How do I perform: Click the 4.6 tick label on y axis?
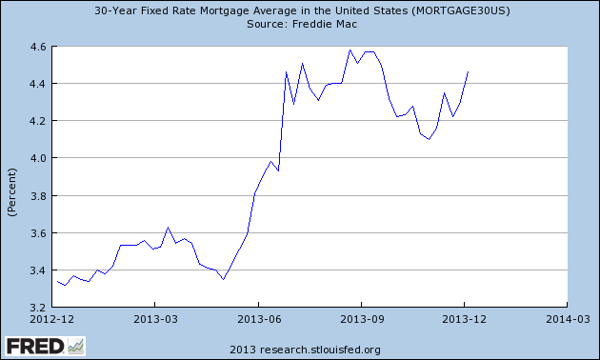click(37, 47)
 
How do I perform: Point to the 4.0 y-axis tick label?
click(37, 158)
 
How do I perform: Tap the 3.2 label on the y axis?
click(37, 308)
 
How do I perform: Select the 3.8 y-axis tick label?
click(37, 195)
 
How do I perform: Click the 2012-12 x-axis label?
click(52, 319)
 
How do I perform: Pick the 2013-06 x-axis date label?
click(259, 319)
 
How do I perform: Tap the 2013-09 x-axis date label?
click(362, 319)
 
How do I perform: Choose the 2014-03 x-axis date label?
click(568, 319)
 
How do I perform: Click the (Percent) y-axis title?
click(11, 192)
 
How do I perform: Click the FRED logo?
click(45, 347)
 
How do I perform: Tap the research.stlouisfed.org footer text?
click(320, 350)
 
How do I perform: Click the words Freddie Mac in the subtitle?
click(325, 24)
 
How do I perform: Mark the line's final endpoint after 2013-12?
click(468, 72)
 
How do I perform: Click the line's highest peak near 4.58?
click(350, 50)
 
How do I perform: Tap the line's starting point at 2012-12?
click(57, 281)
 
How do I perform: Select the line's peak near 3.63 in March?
click(168, 228)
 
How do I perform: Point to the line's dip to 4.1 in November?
click(429, 139)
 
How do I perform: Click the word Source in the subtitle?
click(265, 24)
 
